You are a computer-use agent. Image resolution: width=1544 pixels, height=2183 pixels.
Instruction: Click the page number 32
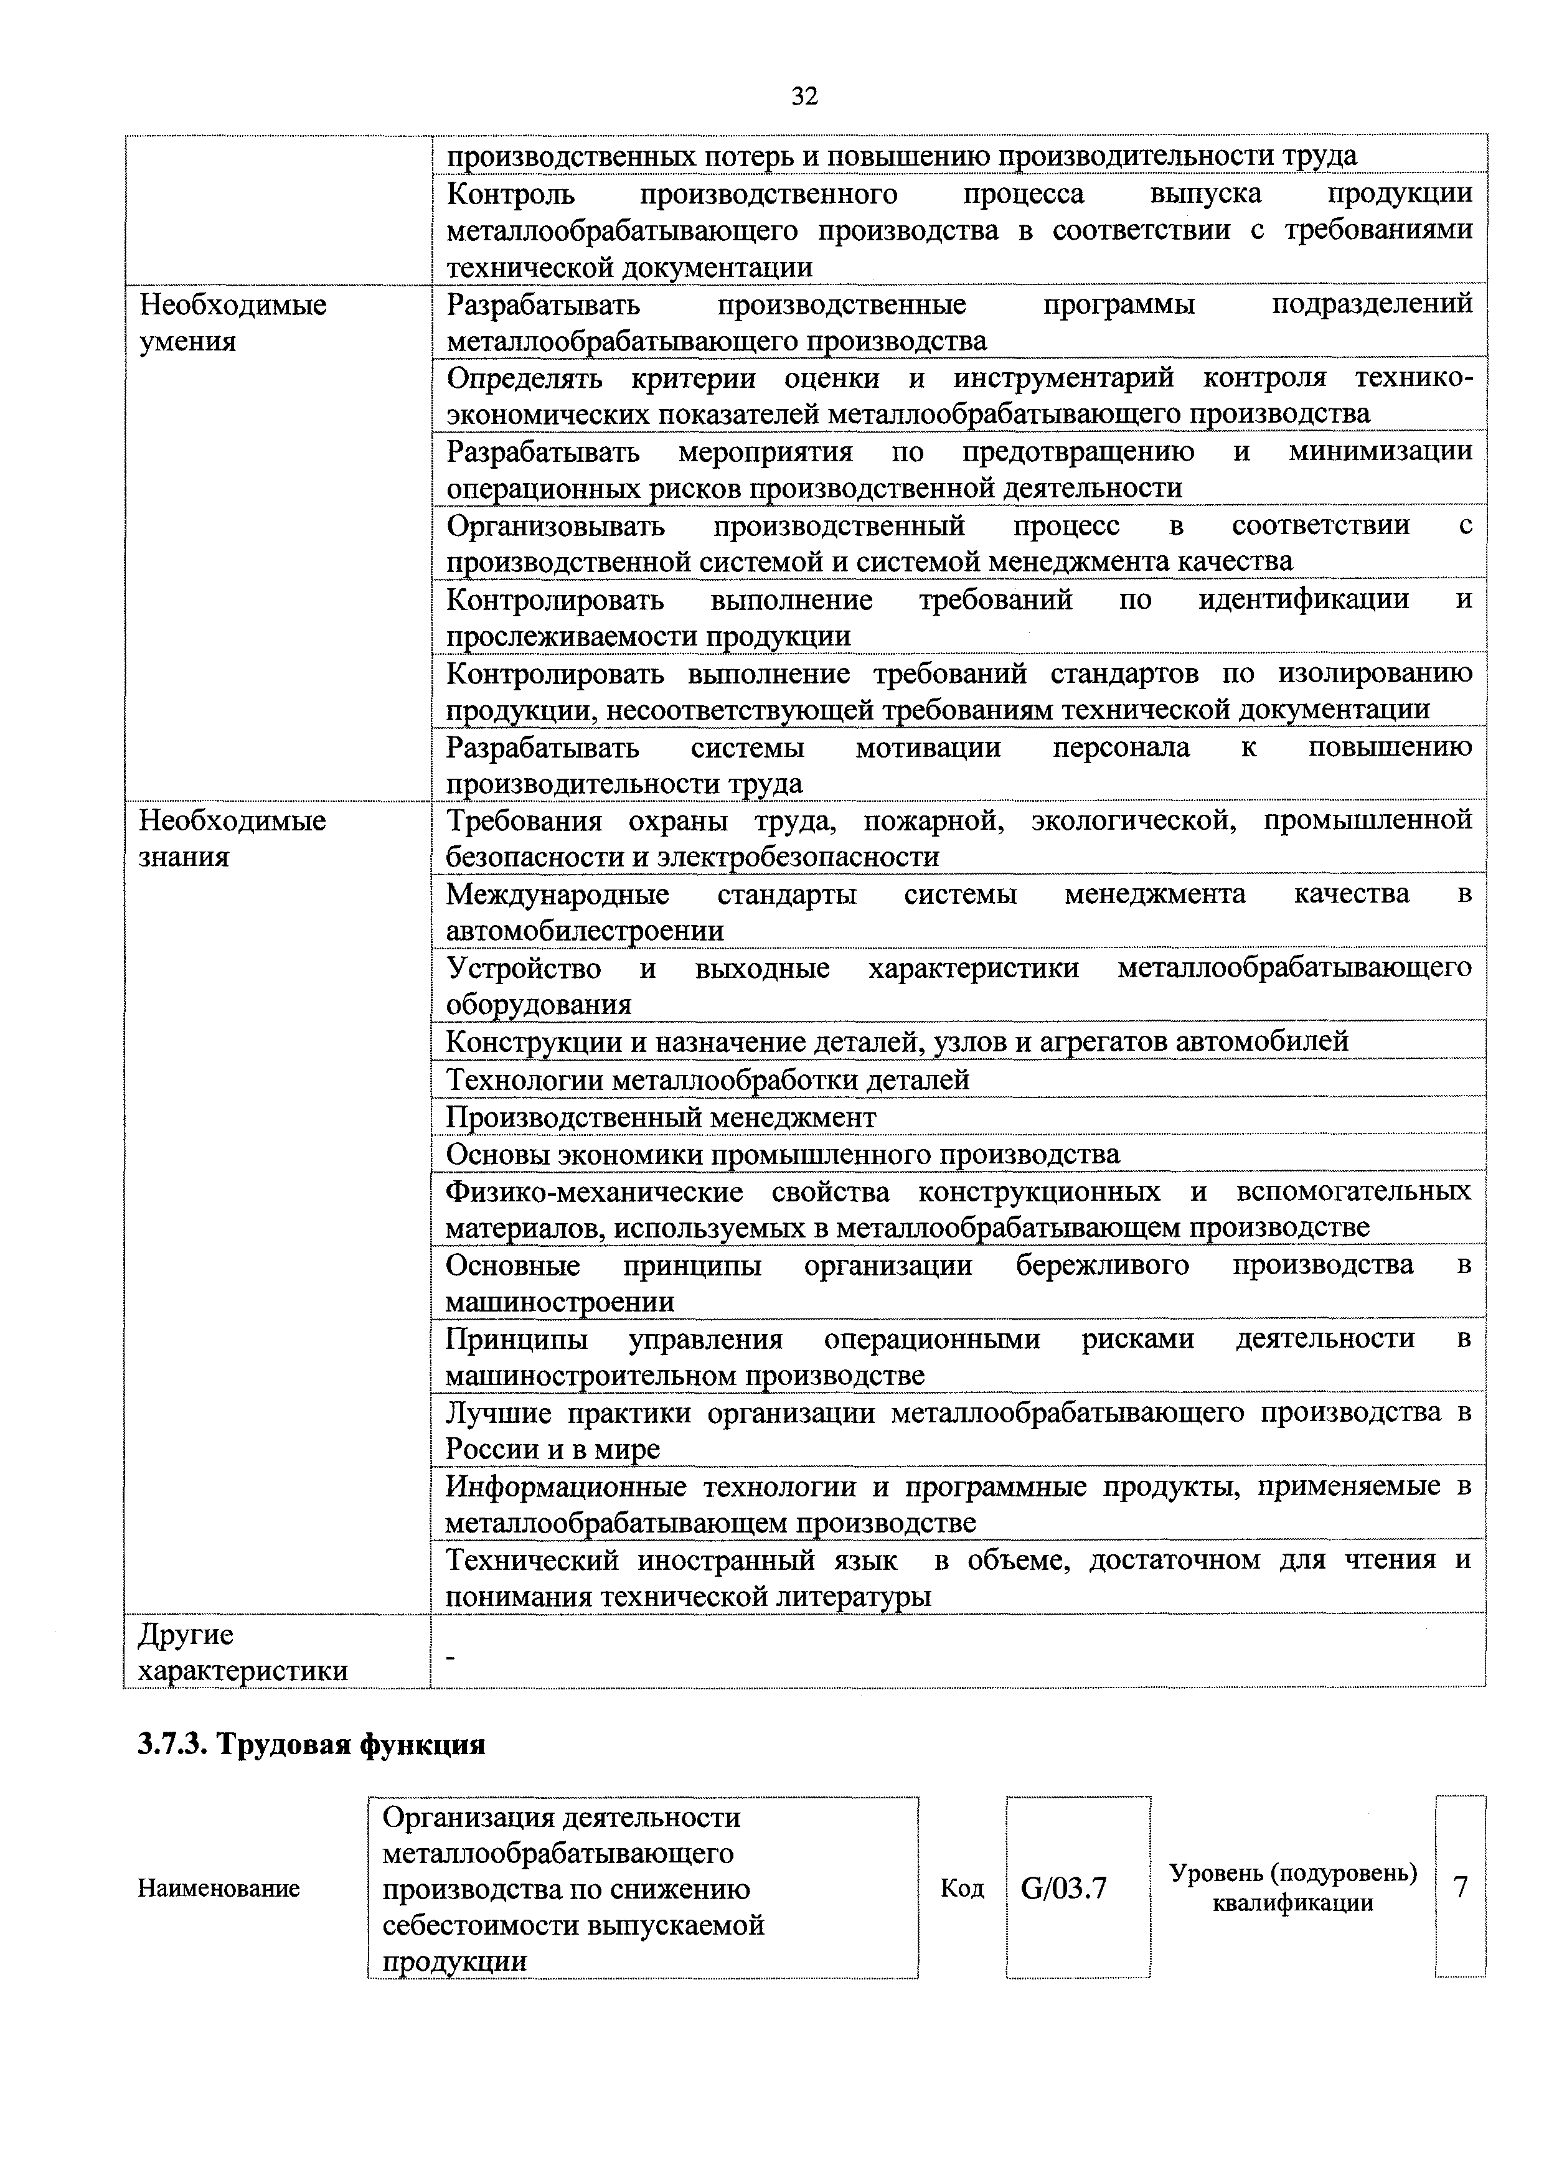click(x=803, y=96)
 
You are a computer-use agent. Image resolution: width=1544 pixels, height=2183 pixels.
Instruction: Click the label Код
click(x=961, y=1888)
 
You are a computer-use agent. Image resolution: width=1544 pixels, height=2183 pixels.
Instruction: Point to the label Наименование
click(x=219, y=1888)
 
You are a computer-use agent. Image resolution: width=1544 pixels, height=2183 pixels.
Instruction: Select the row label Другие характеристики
click(x=242, y=1653)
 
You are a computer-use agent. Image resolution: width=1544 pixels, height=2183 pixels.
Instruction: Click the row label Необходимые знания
click(x=233, y=838)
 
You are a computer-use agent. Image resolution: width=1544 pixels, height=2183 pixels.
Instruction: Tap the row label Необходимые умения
click(x=233, y=322)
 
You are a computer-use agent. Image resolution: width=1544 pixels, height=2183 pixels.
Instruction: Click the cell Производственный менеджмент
click(x=661, y=1117)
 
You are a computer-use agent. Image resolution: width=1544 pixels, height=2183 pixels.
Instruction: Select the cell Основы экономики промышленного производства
click(x=783, y=1154)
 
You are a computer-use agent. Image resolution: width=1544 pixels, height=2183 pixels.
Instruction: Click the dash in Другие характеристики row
click(x=451, y=1657)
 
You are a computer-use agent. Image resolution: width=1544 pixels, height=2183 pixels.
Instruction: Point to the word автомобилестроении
click(x=585, y=930)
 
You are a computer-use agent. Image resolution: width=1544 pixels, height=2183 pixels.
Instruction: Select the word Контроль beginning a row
click(x=511, y=194)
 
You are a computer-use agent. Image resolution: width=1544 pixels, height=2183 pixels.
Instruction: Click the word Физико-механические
click(x=594, y=1191)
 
